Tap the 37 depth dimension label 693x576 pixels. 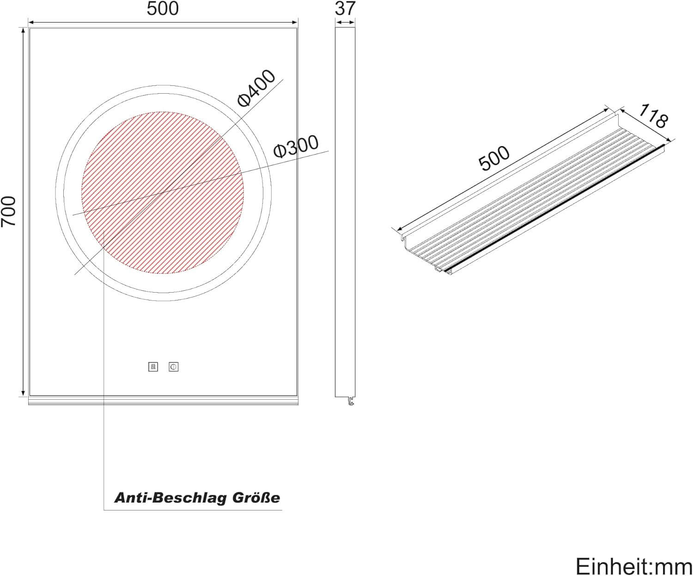tap(345, 8)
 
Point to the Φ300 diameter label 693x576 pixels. tap(296, 146)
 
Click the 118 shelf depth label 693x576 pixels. tap(654, 116)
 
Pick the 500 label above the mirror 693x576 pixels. tap(163, 9)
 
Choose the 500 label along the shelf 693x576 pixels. tap(494, 158)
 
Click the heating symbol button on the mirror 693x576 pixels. tap(153, 367)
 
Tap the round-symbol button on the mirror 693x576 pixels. tap(174, 367)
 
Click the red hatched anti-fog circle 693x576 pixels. tap(163, 192)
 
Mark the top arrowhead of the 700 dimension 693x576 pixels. tap(23, 30)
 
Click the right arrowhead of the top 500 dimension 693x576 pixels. tap(295, 21)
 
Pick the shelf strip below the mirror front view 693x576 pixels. tap(163, 400)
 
